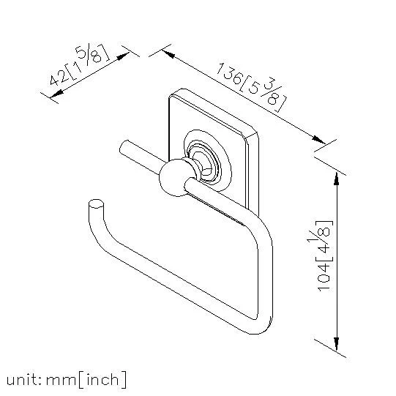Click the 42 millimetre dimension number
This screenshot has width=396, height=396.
59,78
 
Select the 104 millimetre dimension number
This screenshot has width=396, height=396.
324,277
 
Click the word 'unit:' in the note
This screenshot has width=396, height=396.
24,380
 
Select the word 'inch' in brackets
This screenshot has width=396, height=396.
102,379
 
